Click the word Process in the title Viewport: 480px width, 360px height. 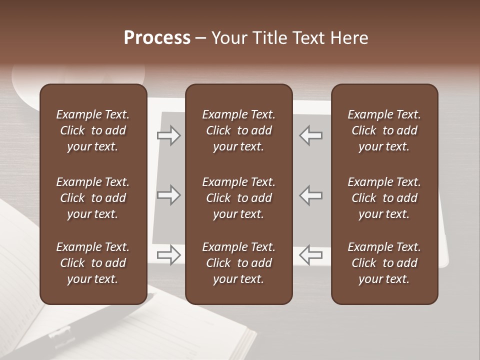(x=157, y=37)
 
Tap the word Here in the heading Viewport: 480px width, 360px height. (x=349, y=38)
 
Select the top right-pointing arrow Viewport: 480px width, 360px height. (x=169, y=135)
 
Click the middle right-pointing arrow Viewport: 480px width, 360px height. (x=169, y=195)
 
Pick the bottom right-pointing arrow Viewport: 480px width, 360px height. (x=169, y=254)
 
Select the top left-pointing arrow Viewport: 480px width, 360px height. (x=310, y=135)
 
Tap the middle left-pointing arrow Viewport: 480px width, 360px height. (x=310, y=195)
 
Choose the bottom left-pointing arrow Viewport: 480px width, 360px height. (x=310, y=254)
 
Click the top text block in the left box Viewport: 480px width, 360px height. (x=93, y=130)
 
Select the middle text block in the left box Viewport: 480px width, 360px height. (x=93, y=198)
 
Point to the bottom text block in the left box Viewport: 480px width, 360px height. (x=93, y=263)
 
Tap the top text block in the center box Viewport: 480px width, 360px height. (x=238, y=130)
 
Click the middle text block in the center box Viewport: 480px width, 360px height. (x=238, y=198)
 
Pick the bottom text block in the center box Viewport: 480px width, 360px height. (x=238, y=263)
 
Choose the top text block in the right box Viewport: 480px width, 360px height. (x=384, y=130)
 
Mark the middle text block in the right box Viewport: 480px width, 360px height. (x=384, y=198)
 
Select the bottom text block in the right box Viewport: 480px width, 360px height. (x=384, y=263)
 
